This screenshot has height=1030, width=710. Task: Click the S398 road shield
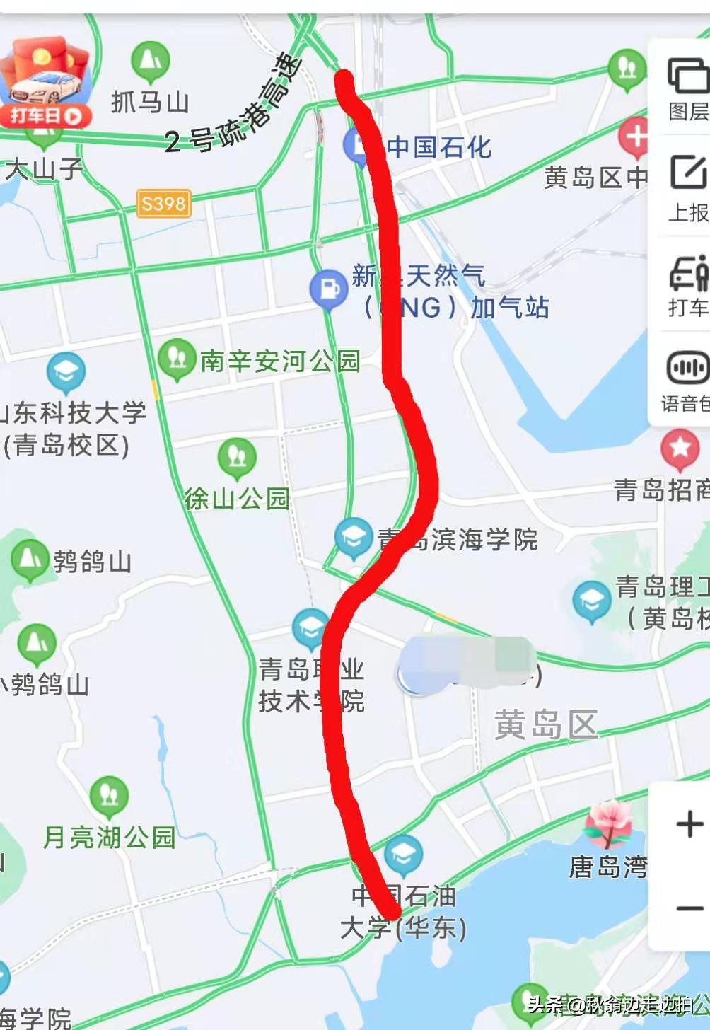point(163,204)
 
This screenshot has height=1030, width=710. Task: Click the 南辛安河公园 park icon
point(177,357)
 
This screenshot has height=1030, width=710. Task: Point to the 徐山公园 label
point(237,499)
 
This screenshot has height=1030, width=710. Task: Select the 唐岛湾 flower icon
point(608,823)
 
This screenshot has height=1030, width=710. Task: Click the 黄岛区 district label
point(545,725)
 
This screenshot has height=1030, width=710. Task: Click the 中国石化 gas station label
point(438,147)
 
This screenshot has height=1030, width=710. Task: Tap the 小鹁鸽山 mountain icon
point(36,643)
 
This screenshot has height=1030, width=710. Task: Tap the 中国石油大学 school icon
point(403,854)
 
